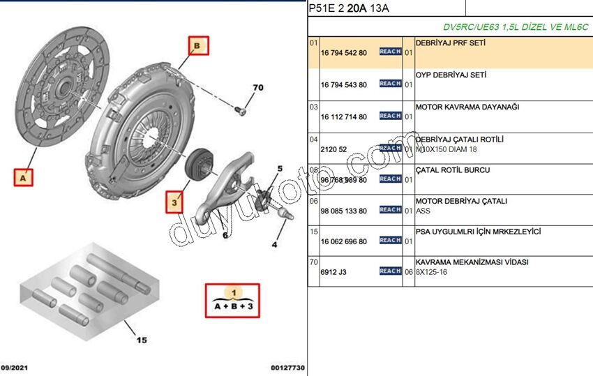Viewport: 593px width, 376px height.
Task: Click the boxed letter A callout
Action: click(24, 178)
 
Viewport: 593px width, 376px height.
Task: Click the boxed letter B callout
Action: click(197, 46)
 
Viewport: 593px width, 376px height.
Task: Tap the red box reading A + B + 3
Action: click(232, 300)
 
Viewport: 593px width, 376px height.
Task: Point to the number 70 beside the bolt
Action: click(257, 88)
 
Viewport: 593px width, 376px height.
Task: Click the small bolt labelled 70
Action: click(240, 110)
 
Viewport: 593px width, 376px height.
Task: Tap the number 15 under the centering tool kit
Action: click(142, 340)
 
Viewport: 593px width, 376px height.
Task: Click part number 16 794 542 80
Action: click(343, 52)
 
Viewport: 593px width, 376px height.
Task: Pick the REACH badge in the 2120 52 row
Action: click(390, 148)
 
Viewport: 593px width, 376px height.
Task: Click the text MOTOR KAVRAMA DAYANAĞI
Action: click(467, 107)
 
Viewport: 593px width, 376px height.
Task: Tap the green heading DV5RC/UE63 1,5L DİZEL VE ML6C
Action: click(516, 27)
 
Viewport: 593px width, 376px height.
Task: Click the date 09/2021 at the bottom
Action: click(15, 368)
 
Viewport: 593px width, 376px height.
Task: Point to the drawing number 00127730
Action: click(287, 368)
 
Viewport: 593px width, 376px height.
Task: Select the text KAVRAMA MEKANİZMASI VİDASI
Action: click(472, 262)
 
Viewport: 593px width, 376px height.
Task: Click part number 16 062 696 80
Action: click(343, 241)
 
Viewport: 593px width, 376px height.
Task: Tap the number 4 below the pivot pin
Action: click(274, 244)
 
